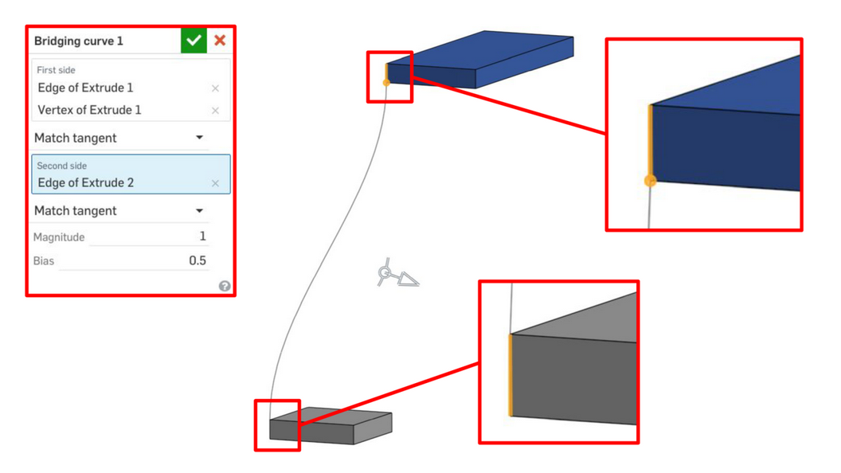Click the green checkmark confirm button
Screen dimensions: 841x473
[194, 41]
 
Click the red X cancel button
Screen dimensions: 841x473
[220, 41]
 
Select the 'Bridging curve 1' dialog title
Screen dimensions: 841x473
[78, 41]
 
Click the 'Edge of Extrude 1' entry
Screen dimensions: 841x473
[85, 88]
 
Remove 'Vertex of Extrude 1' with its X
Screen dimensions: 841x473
[215, 111]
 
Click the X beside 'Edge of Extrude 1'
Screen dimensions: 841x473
[215, 88]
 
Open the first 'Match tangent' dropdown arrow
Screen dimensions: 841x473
[200, 138]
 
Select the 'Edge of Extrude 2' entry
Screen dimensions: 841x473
[86, 183]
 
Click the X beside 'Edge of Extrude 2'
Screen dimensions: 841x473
[215, 183]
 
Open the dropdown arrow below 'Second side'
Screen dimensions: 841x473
[200, 211]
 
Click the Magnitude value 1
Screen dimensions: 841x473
[202, 236]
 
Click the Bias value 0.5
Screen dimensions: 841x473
[198, 260]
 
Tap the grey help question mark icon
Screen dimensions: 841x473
[225, 286]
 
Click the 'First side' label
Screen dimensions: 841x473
[56, 70]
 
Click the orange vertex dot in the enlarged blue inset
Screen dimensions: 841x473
[650, 181]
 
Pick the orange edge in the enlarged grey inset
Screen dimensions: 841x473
[510, 375]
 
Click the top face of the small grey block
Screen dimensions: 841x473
[331, 416]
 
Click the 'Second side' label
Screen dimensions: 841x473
[61, 166]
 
